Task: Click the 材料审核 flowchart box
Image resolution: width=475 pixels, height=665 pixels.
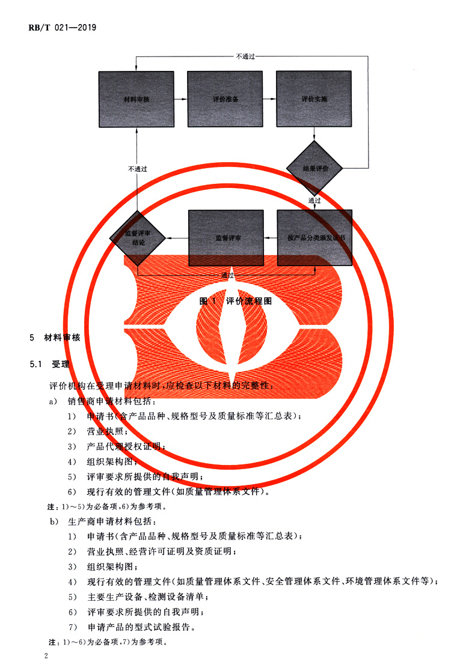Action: [x=136, y=99]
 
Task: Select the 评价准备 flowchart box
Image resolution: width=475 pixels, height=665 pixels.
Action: [x=225, y=99]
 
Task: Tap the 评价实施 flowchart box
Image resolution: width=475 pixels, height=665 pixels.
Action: [x=314, y=99]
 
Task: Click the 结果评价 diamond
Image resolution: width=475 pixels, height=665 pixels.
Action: [x=314, y=169]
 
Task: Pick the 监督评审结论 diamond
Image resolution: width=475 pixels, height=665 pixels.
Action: [x=136, y=238]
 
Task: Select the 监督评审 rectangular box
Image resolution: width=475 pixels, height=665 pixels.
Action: [x=226, y=238]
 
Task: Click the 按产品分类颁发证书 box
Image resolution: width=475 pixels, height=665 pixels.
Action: [x=314, y=238]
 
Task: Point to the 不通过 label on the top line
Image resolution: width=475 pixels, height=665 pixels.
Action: [x=247, y=56]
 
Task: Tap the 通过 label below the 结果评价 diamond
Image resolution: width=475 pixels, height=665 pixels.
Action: [x=314, y=200]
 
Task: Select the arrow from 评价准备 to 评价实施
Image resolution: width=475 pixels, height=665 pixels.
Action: [x=269, y=99]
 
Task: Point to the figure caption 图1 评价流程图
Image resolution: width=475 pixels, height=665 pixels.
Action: [x=235, y=302]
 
